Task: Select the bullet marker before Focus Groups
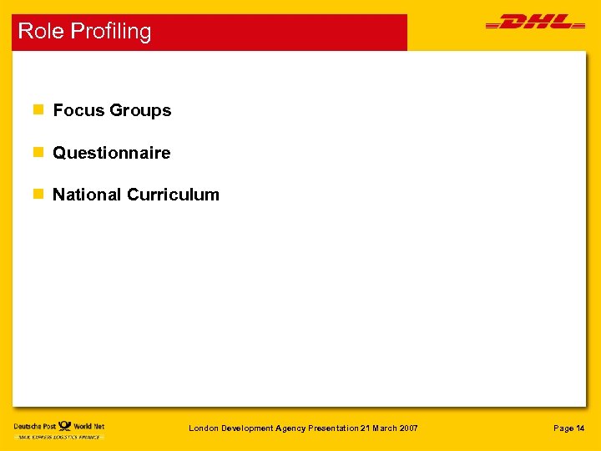[37, 110]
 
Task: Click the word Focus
[78, 110]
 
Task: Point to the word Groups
[140, 110]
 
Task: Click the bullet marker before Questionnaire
[37, 153]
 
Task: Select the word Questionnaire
[111, 153]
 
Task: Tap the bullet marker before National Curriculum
[37, 195]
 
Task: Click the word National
[87, 195]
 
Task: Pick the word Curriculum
[173, 195]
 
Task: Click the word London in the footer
[204, 428]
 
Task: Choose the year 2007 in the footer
[407, 428]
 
